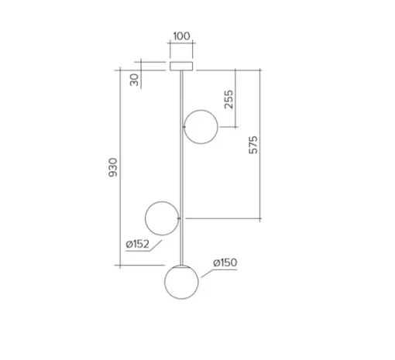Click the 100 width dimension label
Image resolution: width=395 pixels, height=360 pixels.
point(181,36)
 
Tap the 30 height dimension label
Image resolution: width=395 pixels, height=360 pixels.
point(134,80)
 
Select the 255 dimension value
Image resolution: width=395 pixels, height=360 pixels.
point(228,99)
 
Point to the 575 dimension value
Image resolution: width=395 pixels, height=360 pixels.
point(253,145)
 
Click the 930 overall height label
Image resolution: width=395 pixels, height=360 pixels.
point(113,167)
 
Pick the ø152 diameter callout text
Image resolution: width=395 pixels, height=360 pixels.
point(138,244)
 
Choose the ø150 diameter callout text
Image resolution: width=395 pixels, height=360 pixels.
point(225,262)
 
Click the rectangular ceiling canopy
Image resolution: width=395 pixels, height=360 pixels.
point(181,66)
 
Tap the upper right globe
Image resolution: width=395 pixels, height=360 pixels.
point(201,127)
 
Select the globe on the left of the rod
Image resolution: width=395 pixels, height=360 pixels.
point(162,218)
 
